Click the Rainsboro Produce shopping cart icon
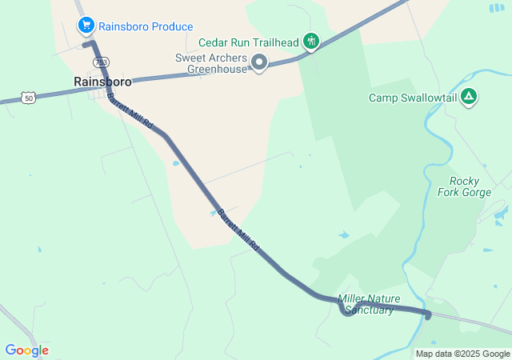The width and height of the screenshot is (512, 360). (x=86, y=26)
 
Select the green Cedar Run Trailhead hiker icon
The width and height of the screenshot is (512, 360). (x=311, y=42)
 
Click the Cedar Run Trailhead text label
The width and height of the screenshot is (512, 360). (x=248, y=42)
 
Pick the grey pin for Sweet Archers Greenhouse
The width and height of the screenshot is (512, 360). (x=259, y=62)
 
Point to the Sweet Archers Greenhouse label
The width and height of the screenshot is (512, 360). (x=211, y=63)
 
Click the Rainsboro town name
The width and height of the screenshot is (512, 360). (x=102, y=81)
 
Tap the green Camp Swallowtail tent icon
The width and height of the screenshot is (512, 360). (x=469, y=98)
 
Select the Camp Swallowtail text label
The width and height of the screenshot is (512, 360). (x=411, y=98)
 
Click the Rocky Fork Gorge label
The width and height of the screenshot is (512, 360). (x=464, y=186)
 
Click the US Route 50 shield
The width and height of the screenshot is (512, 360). (x=29, y=98)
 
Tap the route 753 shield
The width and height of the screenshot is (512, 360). (x=100, y=62)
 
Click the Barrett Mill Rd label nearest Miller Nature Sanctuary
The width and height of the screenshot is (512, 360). (x=239, y=230)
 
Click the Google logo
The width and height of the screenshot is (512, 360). (x=26, y=350)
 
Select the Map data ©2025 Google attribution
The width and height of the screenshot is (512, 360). (x=462, y=354)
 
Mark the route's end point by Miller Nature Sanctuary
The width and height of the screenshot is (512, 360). (x=427, y=316)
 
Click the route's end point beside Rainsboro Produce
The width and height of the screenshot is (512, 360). (x=86, y=45)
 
